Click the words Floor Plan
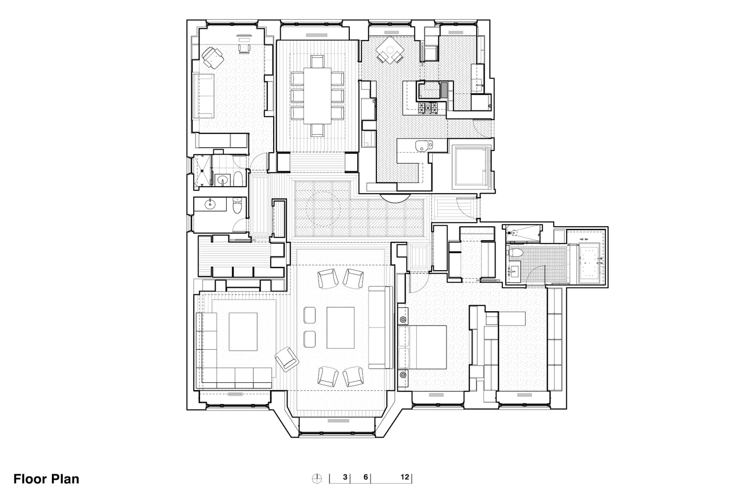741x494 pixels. tap(46, 479)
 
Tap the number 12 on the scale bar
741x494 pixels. tap(405, 477)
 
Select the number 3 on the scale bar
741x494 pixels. tap(345, 477)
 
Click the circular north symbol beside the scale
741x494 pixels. tap(317, 479)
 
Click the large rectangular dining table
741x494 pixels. tap(317, 96)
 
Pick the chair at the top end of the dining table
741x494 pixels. tap(317, 62)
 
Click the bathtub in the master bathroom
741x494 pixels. tap(589, 263)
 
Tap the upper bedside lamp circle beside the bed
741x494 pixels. tap(403, 320)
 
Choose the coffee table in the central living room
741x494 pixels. tap(340, 328)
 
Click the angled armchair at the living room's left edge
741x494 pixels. tap(287, 359)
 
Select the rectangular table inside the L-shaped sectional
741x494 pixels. tap(243, 331)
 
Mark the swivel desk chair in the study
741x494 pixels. tap(213, 58)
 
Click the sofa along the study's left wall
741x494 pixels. tap(203, 96)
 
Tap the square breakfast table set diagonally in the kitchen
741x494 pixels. tap(390, 49)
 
